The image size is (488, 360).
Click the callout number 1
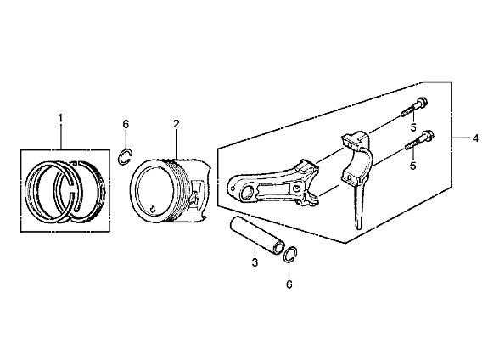60,118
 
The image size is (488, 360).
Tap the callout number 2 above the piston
177,124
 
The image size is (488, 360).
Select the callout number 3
255,262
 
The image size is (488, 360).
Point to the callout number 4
475,138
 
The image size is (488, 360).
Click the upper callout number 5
413,127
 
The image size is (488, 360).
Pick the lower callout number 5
413,166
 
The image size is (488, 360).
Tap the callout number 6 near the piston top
126,124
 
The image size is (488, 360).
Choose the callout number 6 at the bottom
289,284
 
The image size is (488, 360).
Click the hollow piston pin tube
256,234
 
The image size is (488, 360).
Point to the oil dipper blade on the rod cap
358,205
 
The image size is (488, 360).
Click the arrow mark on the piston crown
153,209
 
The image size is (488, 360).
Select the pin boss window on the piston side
197,195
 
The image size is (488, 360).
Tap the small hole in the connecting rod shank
296,188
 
